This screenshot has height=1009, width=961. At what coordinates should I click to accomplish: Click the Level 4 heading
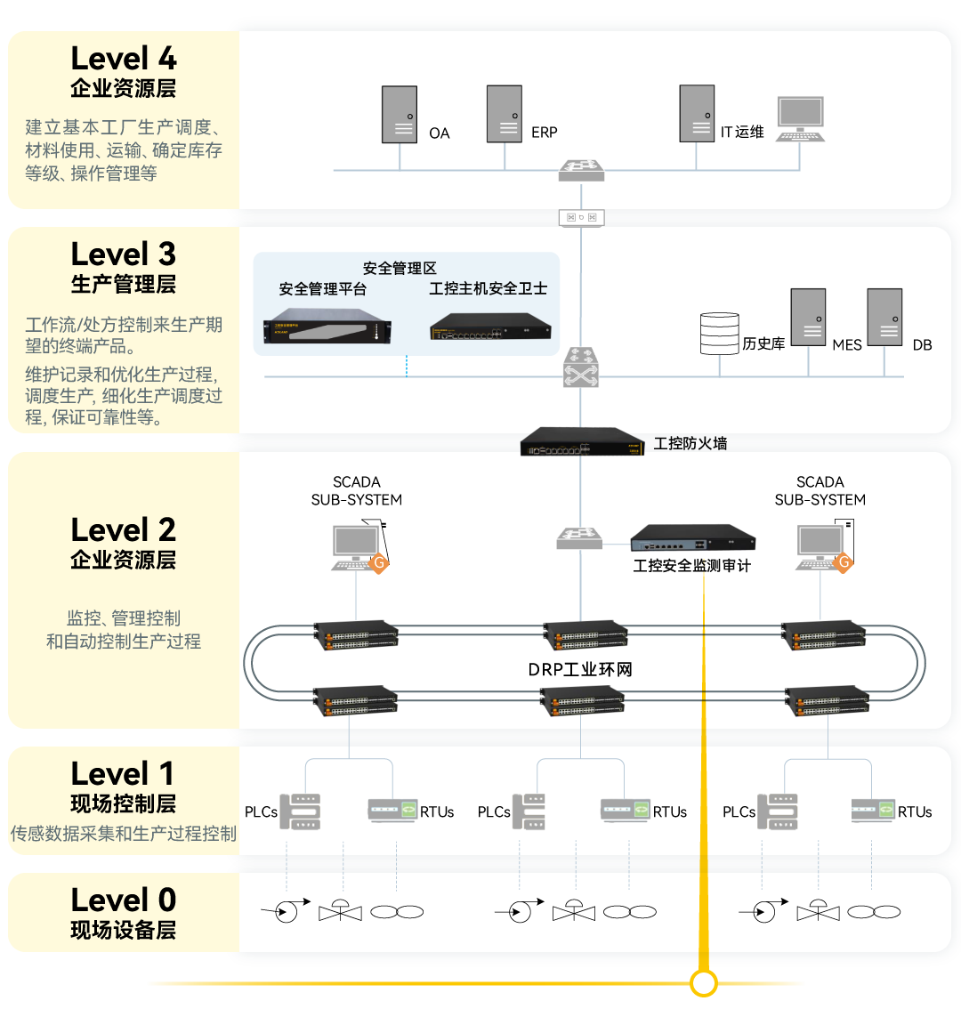(x=124, y=59)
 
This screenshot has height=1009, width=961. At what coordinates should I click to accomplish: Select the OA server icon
(x=400, y=114)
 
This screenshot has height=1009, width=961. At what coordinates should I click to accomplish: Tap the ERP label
(x=544, y=133)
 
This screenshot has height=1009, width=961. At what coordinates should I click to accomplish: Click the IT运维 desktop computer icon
(x=800, y=118)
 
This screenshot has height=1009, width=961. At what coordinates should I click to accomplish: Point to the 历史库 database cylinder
(x=719, y=333)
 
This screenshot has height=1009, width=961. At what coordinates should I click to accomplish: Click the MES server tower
(x=809, y=317)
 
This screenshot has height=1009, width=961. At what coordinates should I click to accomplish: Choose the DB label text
(x=922, y=345)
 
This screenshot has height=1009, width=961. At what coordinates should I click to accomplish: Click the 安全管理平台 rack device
(x=327, y=326)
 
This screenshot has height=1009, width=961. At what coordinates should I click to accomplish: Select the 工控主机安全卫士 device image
(x=489, y=326)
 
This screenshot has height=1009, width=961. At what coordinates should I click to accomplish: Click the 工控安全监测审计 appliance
(x=693, y=538)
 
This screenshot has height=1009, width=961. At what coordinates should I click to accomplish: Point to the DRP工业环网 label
(x=580, y=669)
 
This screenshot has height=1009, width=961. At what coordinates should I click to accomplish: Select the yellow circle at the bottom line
(x=704, y=983)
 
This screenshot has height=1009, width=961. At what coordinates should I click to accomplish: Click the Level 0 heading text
(x=124, y=900)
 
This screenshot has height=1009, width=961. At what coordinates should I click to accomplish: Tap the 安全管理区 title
(x=400, y=268)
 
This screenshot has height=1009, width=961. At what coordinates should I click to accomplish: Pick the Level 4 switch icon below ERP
(x=581, y=170)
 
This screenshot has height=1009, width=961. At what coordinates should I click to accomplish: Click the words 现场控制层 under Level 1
(x=124, y=804)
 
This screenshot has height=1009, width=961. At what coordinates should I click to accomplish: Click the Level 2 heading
(x=124, y=530)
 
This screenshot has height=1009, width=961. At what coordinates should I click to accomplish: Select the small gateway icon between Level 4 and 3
(x=581, y=217)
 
